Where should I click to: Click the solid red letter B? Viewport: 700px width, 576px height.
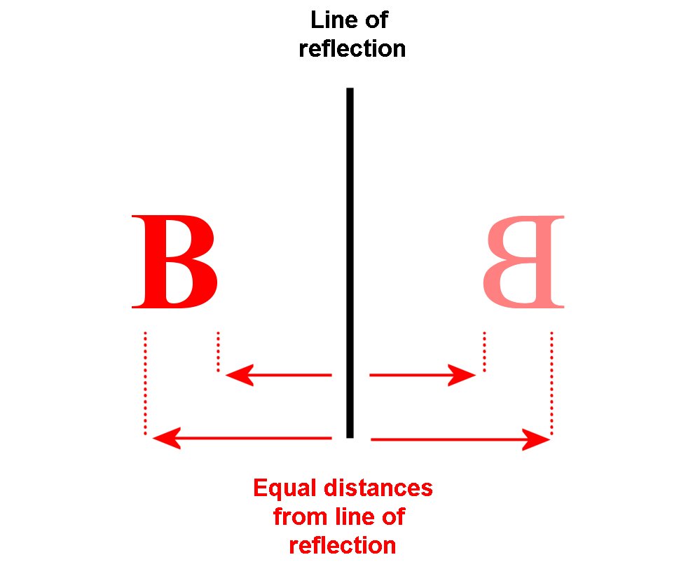174,262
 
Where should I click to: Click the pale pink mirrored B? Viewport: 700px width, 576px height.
523,262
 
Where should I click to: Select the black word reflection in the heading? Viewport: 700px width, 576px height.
352,49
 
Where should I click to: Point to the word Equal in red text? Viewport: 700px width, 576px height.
280,488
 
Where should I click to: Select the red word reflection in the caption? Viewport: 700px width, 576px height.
343,545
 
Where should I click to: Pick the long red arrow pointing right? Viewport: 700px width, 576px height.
460,439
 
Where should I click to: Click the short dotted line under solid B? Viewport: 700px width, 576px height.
218,351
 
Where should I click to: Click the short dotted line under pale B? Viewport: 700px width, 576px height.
484,351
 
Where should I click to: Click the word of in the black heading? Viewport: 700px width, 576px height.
376,20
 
